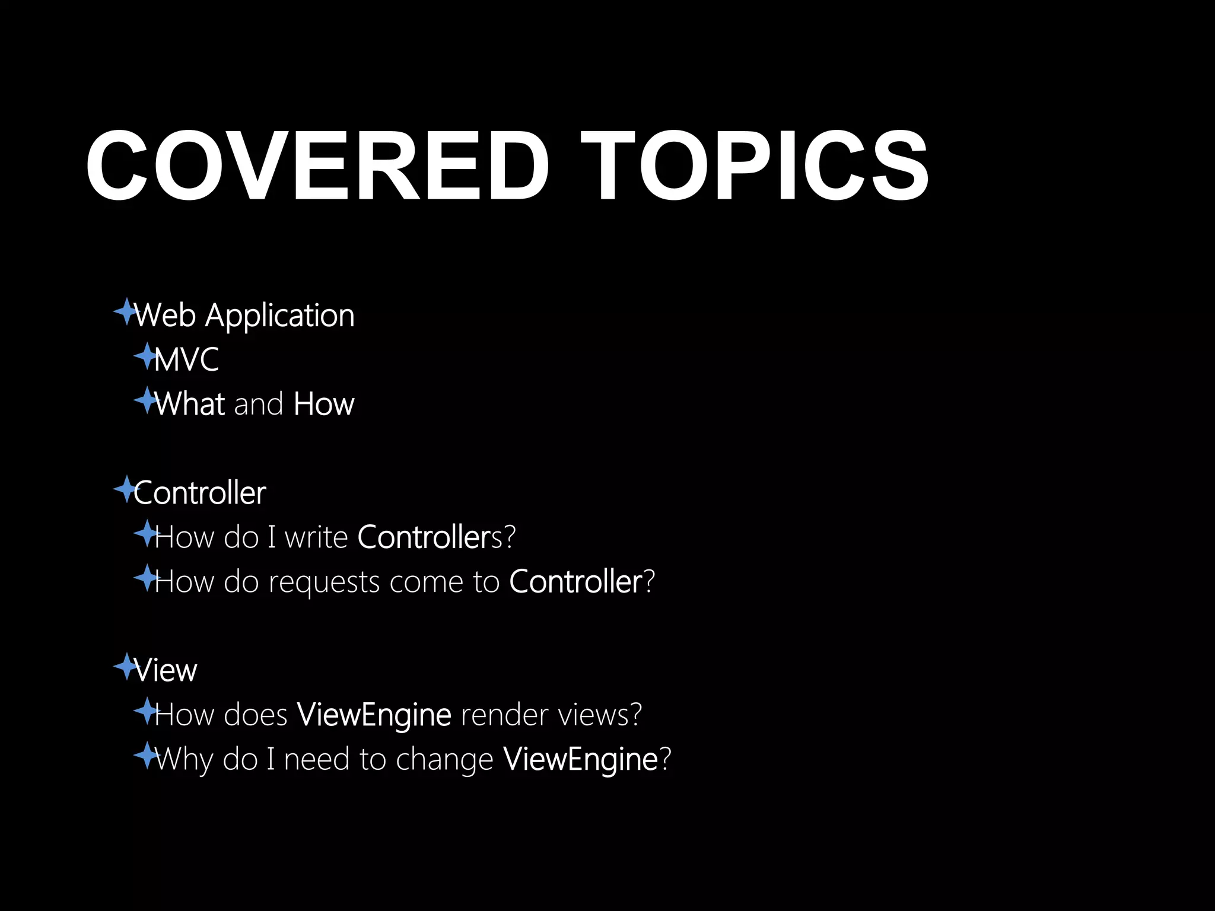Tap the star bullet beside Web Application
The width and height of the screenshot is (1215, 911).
pyautogui.click(x=125, y=311)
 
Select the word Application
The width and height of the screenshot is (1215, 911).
pyautogui.click(x=279, y=316)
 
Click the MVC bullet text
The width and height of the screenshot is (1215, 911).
pyautogui.click(x=186, y=359)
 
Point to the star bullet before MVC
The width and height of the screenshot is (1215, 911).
pyautogui.click(x=146, y=356)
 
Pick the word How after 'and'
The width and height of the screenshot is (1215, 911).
pyautogui.click(x=324, y=404)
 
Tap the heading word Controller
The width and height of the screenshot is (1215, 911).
pyautogui.click(x=200, y=493)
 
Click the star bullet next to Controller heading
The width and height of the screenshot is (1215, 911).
pyautogui.click(x=125, y=489)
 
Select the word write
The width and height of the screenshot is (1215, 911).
pyautogui.click(x=316, y=537)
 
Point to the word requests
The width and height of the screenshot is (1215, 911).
pyautogui.click(x=324, y=582)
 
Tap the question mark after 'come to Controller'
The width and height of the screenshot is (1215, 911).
pyautogui.click(x=650, y=582)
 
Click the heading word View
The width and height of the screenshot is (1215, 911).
pyautogui.click(x=166, y=671)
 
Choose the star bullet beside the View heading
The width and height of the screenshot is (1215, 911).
pyautogui.click(x=125, y=667)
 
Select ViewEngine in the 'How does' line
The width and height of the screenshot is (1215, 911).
pyautogui.click(x=374, y=715)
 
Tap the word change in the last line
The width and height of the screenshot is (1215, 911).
pyautogui.click(x=444, y=760)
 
